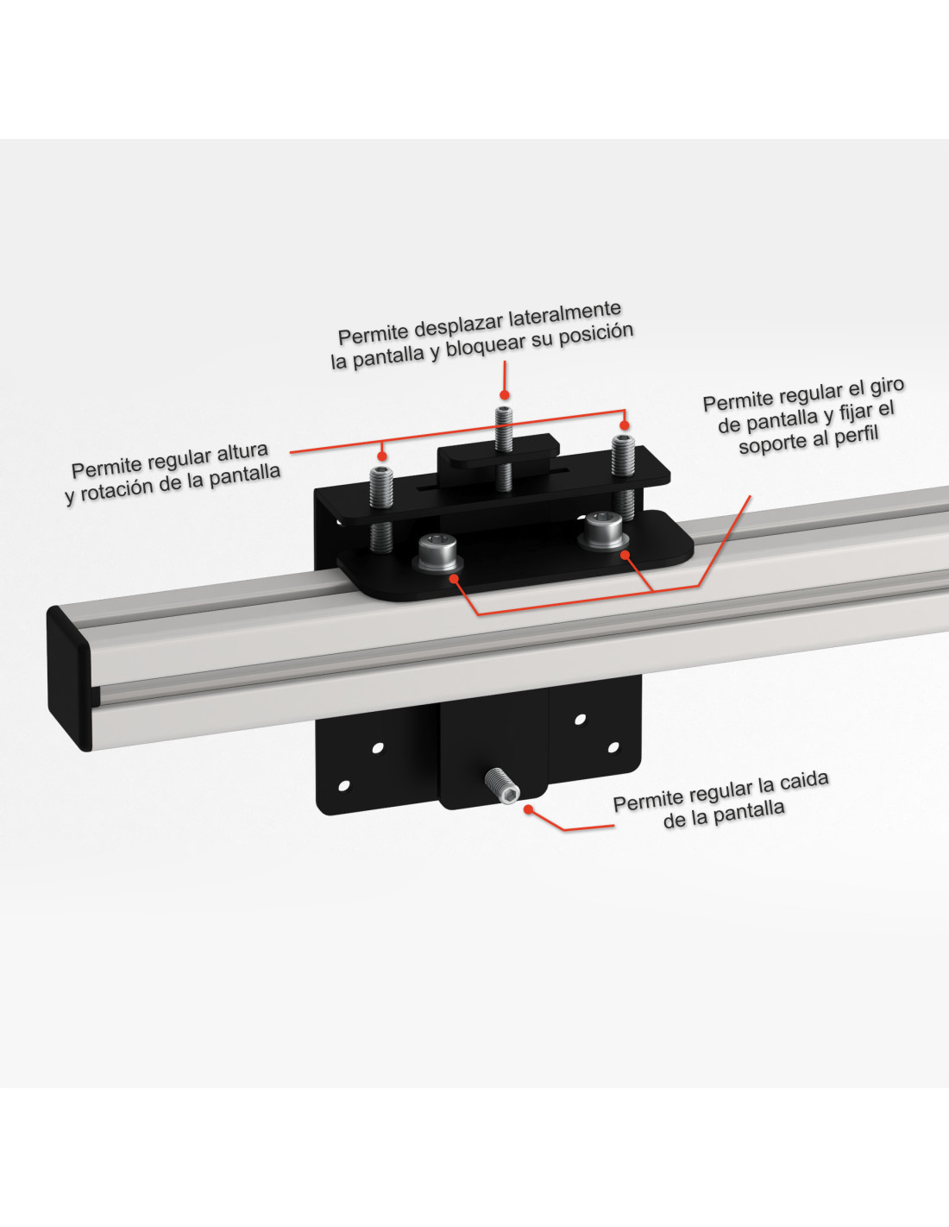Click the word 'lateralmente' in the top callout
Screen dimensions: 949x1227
(564, 313)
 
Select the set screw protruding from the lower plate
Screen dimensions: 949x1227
(501, 785)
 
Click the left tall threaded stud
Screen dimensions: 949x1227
(381, 508)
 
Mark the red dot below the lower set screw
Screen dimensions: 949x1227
(528, 809)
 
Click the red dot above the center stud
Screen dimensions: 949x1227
(504, 394)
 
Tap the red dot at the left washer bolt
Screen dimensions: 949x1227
(454, 578)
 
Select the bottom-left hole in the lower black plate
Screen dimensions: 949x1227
(343, 785)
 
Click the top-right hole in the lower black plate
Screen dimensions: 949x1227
(580, 720)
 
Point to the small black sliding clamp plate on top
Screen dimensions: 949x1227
(499, 450)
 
